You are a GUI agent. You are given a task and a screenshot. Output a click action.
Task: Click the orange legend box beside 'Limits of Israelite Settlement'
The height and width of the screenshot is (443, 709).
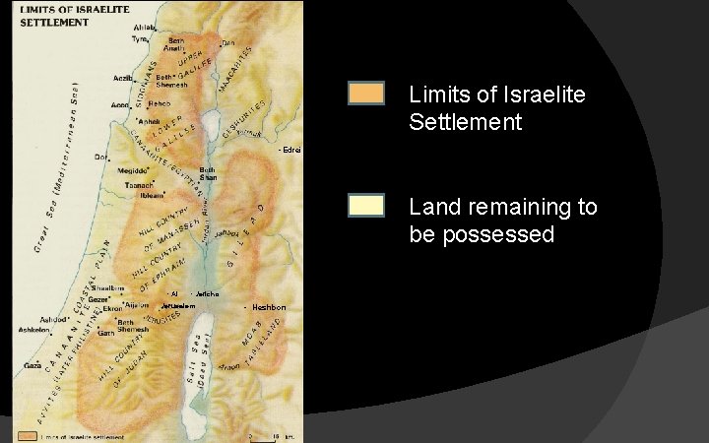365,94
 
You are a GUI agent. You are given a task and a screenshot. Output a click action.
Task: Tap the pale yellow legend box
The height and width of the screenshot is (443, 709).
365,205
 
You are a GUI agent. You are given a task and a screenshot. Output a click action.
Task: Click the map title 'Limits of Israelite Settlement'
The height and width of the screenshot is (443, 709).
60,17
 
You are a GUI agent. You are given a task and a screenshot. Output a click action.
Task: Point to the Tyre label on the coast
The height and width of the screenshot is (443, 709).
139,39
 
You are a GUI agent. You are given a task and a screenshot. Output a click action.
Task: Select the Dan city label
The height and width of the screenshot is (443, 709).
228,43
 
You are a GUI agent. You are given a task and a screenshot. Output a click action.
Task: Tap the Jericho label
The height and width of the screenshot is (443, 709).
207,293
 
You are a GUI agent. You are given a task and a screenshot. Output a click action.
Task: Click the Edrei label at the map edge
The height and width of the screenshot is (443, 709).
290,150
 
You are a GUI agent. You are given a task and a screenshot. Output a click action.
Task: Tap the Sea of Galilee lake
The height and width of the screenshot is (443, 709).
210,125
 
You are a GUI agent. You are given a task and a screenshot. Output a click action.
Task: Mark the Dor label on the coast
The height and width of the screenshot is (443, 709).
99,157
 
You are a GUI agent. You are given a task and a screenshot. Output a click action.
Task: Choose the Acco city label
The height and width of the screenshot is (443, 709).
120,105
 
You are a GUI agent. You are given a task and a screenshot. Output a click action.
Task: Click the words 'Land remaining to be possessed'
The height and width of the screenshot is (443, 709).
502,221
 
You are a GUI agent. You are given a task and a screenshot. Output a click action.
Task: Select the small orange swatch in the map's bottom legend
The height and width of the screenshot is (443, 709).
26,434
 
